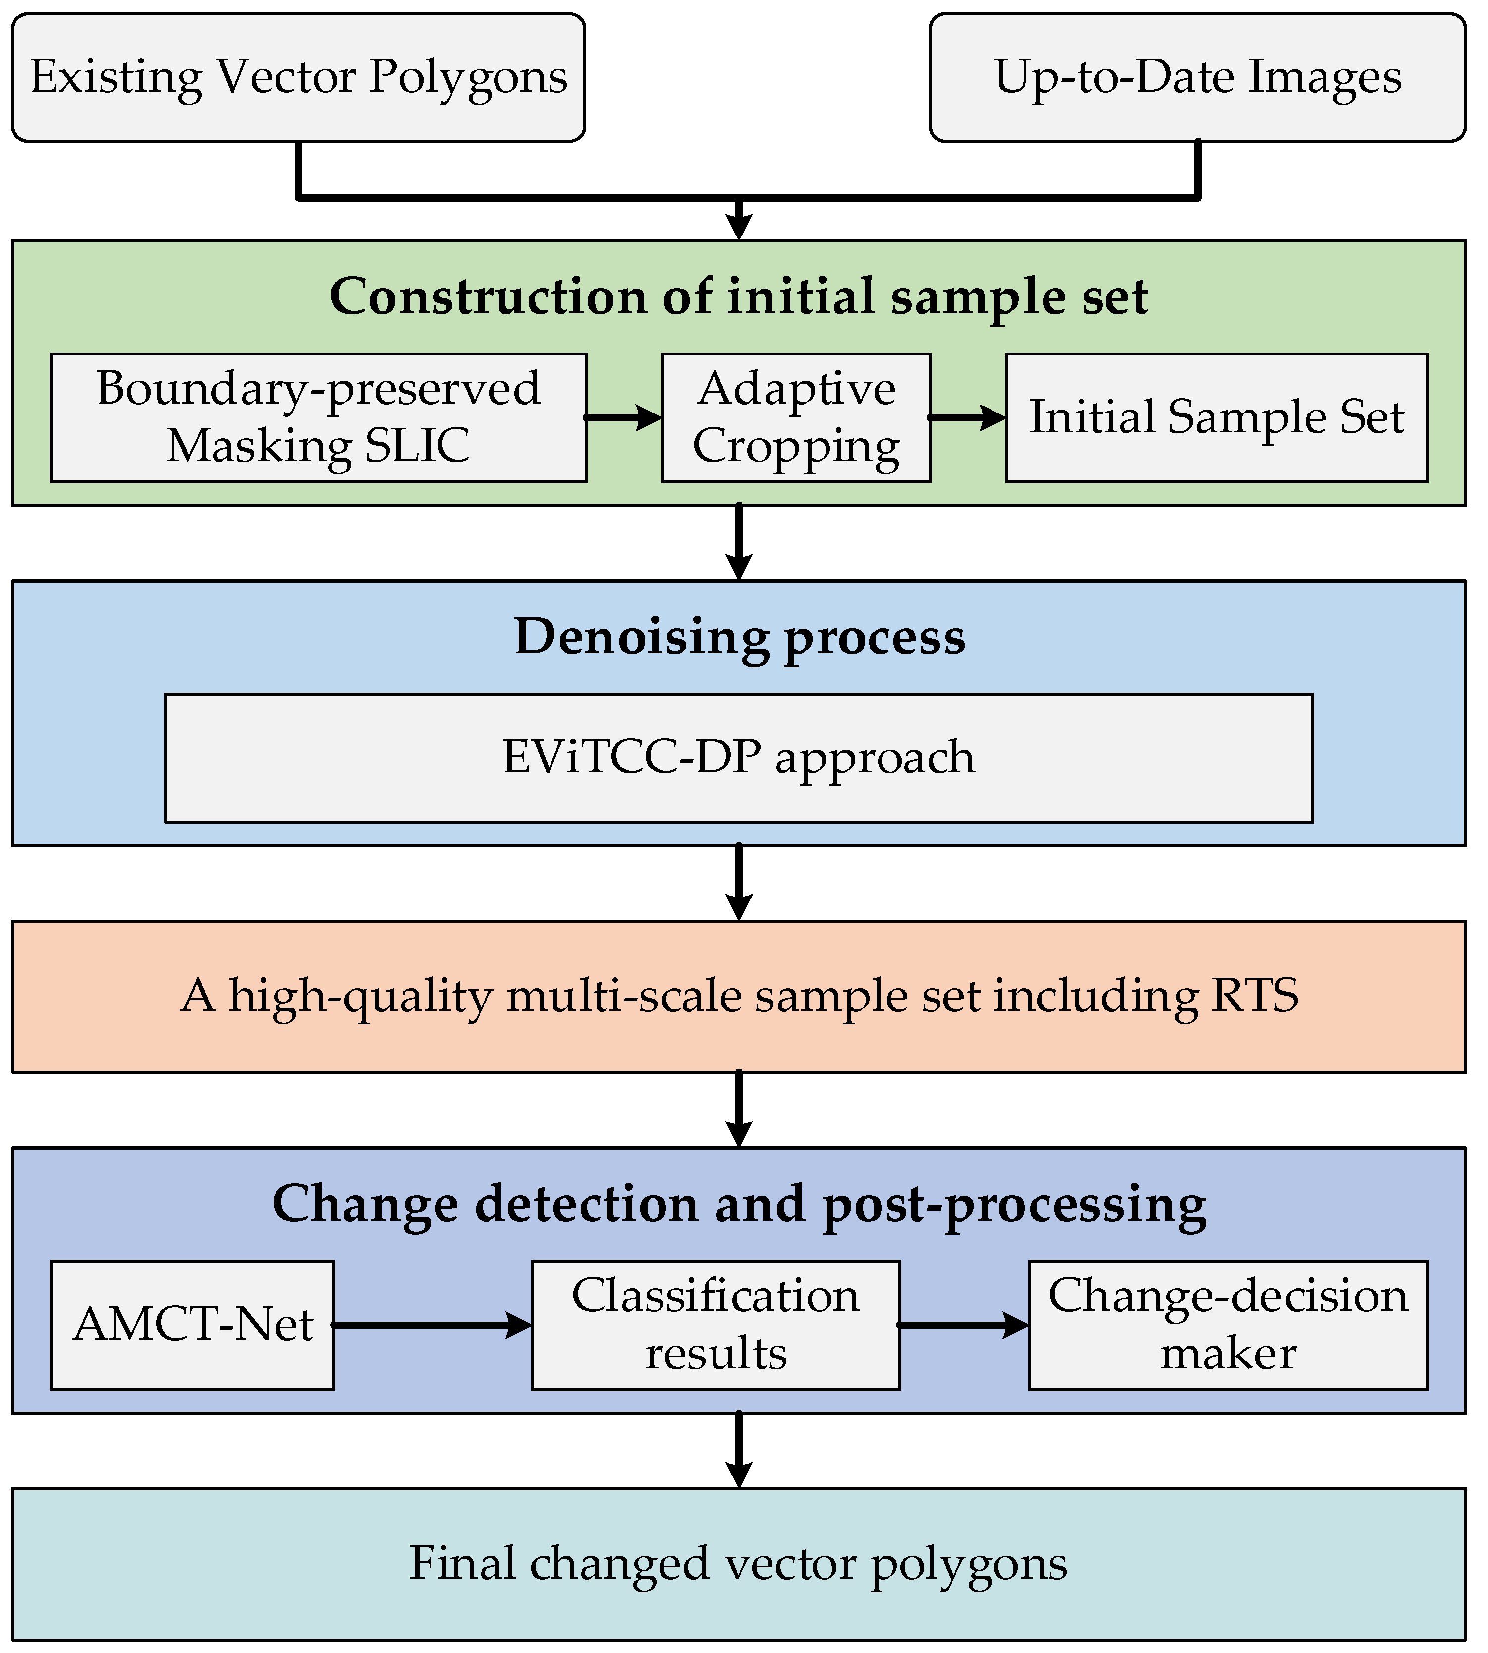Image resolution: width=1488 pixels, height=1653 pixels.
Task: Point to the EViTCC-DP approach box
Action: [x=738, y=758]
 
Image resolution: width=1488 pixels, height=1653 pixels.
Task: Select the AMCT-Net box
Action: [x=192, y=1324]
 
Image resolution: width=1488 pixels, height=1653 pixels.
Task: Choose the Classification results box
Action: [x=716, y=1324]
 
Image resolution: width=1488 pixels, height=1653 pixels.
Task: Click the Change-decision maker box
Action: [x=1227, y=1324]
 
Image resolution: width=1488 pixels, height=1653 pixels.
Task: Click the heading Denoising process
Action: [x=738, y=636]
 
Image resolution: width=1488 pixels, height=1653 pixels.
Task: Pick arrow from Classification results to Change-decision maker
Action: [x=964, y=1324]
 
